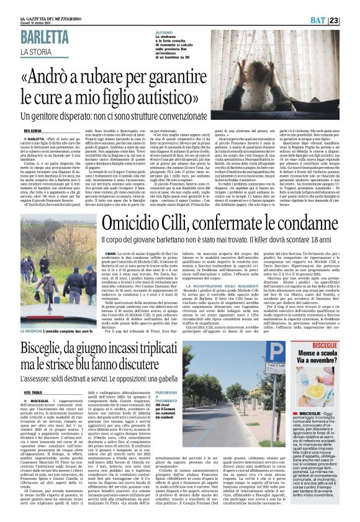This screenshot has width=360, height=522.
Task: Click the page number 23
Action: (350, 20)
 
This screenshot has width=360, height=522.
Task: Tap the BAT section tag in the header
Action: (333, 20)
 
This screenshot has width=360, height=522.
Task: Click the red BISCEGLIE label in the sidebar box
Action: (329, 344)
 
